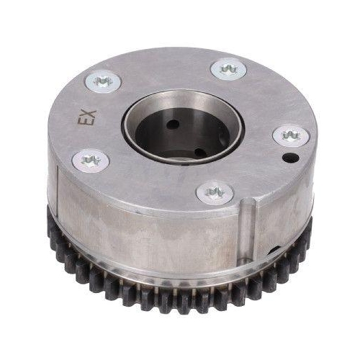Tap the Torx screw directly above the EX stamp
coord(104,81)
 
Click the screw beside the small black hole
coord(291,136)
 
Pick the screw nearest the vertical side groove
coord(215,193)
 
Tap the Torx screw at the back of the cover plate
coord(228,69)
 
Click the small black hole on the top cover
coord(291,158)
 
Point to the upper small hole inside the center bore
coord(174,124)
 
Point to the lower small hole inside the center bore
coord(199,152)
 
